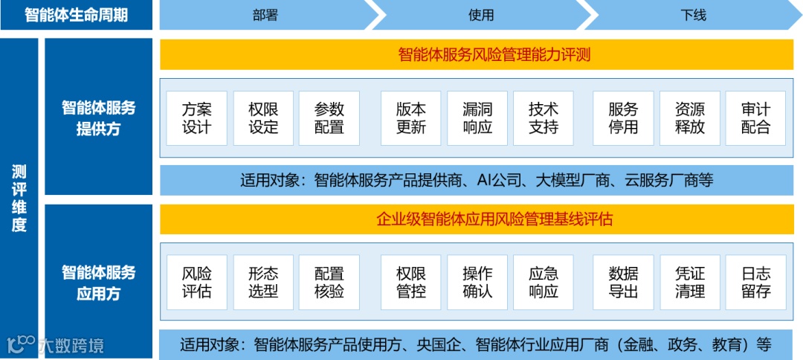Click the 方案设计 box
(197, 118)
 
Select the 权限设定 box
(263, 118)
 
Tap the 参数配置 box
(329, 118)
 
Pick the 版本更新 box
(411, 118)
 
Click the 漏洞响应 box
(477, 118)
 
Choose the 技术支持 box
(544, 118)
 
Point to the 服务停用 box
(623, 118)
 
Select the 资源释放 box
(690, 118)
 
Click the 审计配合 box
(755, 118)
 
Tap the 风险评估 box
(197, 282)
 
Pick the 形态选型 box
(263, 282)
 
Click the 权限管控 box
(411, 282)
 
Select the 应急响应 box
(544, 282)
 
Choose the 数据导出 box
(623, 282)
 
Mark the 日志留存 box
(755, 282)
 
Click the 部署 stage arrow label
(265, 15)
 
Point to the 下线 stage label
(693, 15)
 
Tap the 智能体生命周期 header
(76, 15)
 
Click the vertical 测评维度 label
(19, 198)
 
